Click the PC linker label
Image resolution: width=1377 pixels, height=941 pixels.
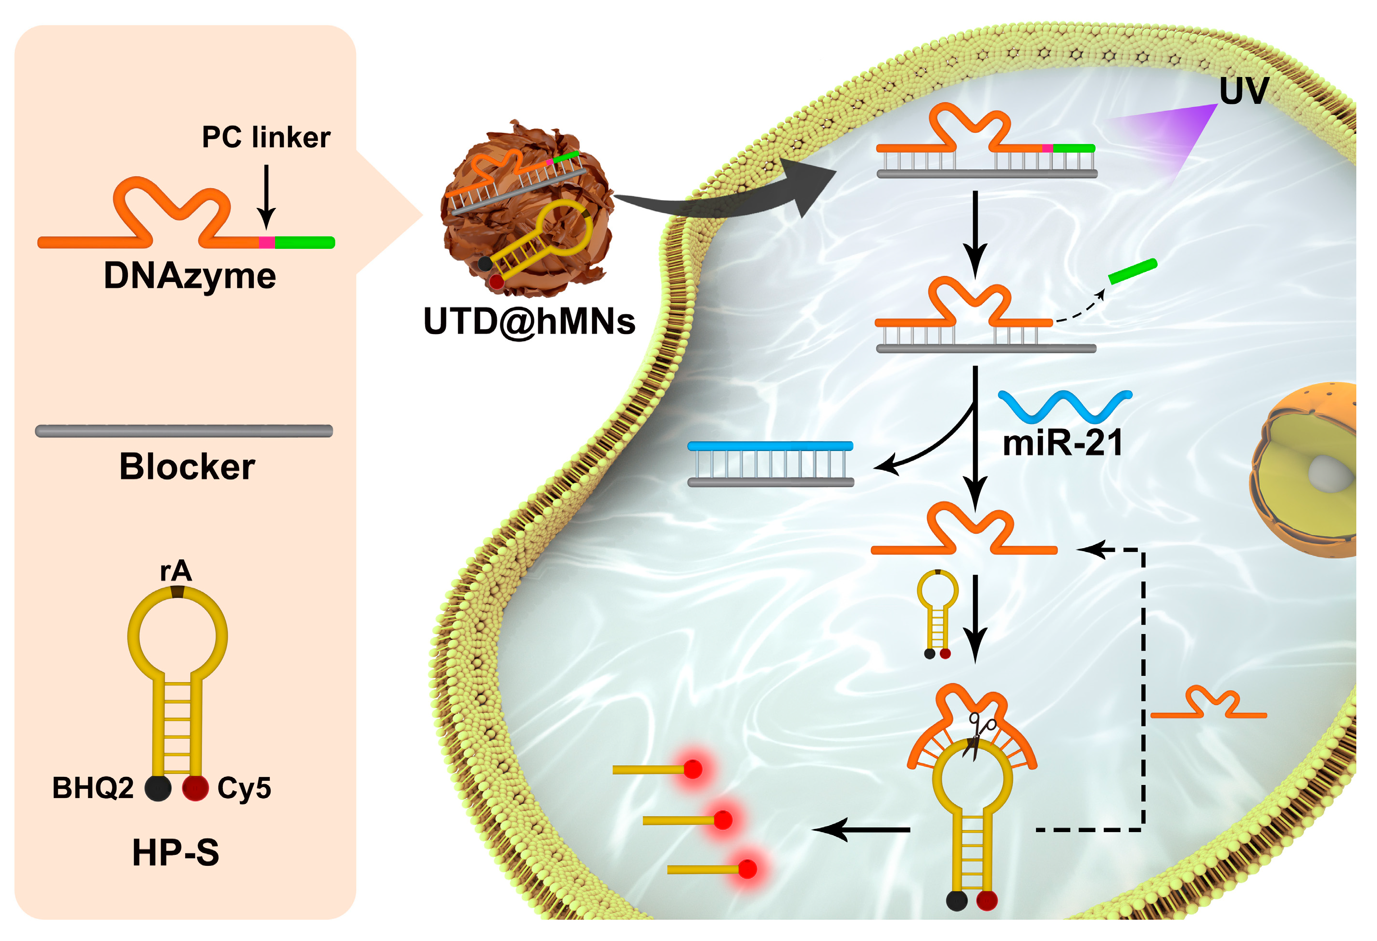[266, 138]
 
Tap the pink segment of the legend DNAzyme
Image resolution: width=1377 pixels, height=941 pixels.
[266, 243]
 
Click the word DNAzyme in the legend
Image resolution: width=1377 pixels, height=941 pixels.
[189, 276]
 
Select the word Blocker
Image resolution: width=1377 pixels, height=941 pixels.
[187, 466]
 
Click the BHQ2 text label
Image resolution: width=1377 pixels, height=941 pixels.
[93, 788]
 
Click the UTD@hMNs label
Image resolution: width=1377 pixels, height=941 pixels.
[529, 322]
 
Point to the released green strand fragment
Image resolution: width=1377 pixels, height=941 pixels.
[1132, 271]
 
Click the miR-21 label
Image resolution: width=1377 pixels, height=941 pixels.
[1062, 443]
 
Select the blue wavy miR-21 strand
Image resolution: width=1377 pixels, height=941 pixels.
[1065, 404]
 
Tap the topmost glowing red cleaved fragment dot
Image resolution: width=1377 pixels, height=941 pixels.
[693, 770]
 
